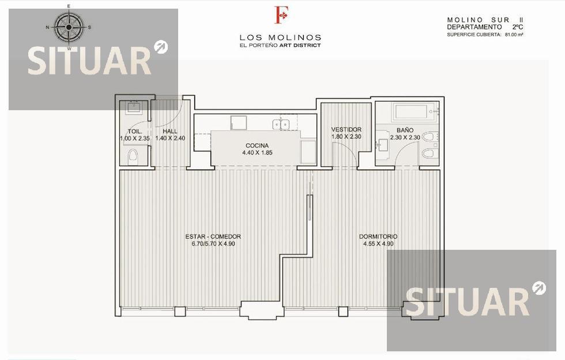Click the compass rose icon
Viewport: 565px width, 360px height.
69,27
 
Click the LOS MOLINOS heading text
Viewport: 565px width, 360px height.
280,37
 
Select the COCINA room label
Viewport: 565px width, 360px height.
257,145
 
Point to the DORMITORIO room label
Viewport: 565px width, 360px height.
378,237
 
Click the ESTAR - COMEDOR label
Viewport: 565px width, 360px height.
213,237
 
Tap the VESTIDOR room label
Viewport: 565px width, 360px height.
346,129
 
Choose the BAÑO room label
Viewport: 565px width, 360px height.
405,130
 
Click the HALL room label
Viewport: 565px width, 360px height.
170,132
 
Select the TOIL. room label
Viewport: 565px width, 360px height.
134,132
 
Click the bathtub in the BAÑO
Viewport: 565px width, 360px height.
415,112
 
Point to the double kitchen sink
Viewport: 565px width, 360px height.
281,124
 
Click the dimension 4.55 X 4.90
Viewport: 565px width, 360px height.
378,244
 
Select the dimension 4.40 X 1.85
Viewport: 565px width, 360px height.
257,152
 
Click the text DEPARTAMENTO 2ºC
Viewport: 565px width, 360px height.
485,27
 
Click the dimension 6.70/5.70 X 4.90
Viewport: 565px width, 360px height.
213,244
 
